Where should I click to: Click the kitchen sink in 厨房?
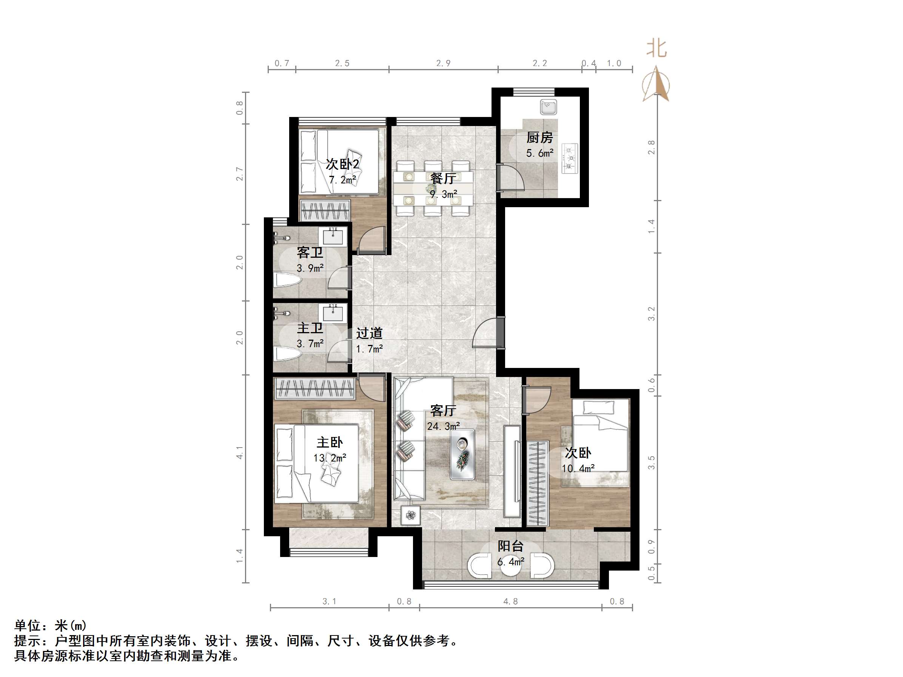click(548, 107)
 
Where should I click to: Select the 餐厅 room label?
click(443, 178)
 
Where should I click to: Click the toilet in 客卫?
click(287, 280)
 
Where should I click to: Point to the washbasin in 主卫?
click(333, 314)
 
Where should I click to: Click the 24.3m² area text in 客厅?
click(443, 426)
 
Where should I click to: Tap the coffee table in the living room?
click(462, 454)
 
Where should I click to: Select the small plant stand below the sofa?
click(411, 515)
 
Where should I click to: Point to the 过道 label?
click(369, 333)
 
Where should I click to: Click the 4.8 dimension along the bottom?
click(510, 601)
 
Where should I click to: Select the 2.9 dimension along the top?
click(443, 63)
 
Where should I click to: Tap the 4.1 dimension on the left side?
click(240, 452)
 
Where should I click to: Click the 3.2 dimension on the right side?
click(651, 313)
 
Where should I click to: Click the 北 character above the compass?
click(656, 49)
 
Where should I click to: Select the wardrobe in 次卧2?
click(325, 211)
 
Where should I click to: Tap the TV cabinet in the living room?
click(512, 471)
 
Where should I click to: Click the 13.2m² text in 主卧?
click(330, 458)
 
